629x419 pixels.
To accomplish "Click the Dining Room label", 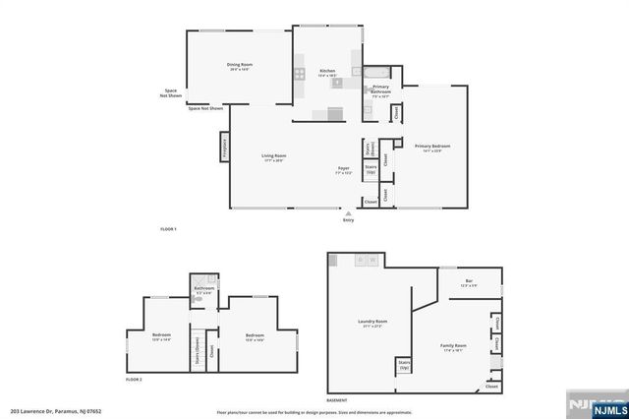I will [x=239, y=66].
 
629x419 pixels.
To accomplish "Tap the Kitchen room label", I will [x=327, y=72].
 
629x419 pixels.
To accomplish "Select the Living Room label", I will [x=273, y=157].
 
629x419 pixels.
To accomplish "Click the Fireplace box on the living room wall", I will [x=224, y=147].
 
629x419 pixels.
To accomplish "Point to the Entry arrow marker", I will [x=348, y=212].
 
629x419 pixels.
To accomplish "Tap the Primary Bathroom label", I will [x=380, y=90].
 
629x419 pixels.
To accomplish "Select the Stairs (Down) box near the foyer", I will [x=371, y=150].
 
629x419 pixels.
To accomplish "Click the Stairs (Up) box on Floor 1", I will [x=372, y=170].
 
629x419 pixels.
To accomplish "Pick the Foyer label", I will [x=344, y=169].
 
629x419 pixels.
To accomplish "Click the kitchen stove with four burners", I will [x=299, y=73].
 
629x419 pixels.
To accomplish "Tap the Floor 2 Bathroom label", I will [x=203, y=289].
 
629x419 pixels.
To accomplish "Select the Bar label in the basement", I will [x=468, y=283].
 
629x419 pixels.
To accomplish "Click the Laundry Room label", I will [x=372, y=322].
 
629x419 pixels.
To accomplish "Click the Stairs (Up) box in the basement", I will [x=404, y=367].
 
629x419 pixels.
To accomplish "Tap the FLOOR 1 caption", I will [x=167, y=229].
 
